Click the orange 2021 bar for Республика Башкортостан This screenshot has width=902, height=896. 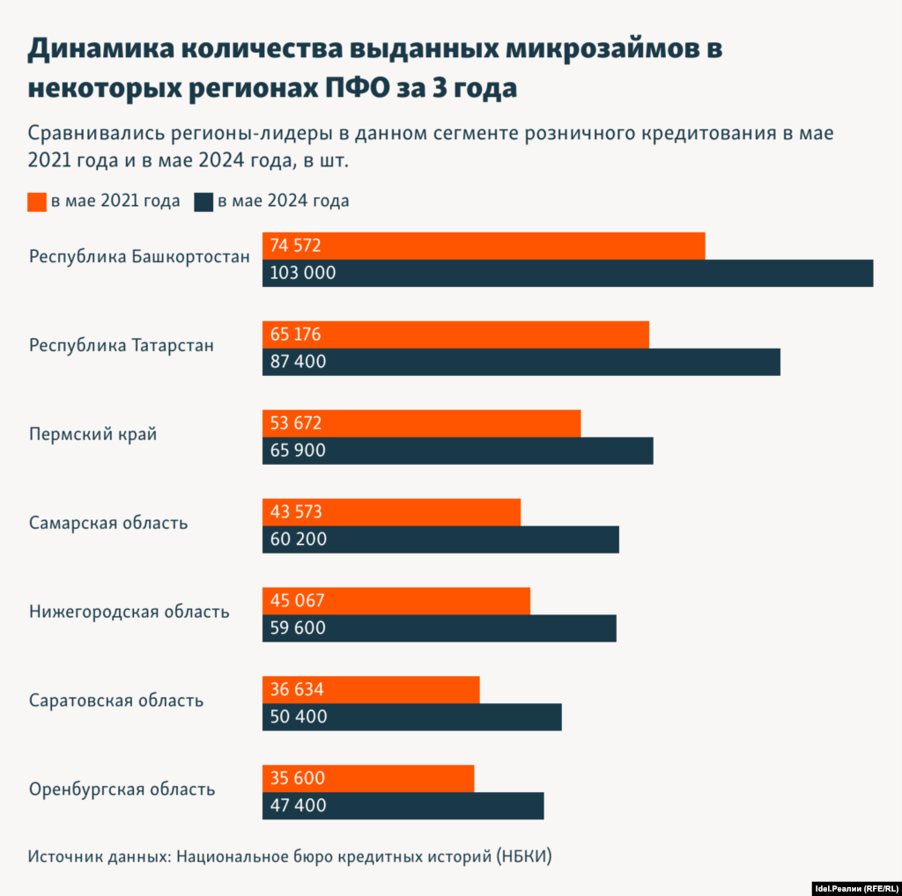(484, 246)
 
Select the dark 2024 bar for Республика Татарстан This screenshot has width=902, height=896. (521, 362)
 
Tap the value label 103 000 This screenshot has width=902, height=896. (303, 273)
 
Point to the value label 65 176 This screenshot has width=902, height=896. (296, 334)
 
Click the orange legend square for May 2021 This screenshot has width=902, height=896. (36, 202)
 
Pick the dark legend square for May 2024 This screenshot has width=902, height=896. (203, 202)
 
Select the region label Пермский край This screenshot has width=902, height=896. (92, 434)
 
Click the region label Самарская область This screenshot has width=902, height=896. (107, 523)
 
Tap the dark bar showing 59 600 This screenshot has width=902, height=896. (439, 628)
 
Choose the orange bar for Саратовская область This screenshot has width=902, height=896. (371, 690)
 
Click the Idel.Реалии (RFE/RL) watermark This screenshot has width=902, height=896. (854, 887)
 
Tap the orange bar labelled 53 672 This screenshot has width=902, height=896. (421, 423)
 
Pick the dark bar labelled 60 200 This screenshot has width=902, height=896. (440, 540)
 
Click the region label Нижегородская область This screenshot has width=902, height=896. (129, 611)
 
